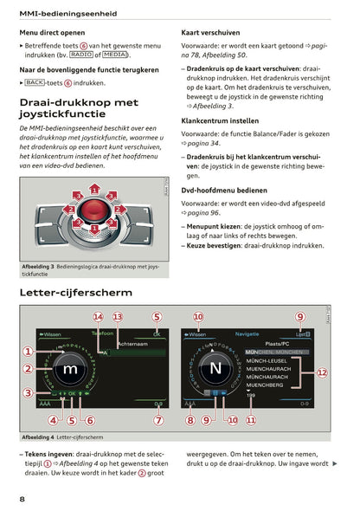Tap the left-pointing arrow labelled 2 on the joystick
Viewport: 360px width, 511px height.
point(71,210)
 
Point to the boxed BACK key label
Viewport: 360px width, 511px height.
point(35,83)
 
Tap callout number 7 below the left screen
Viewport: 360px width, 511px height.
point(157,421)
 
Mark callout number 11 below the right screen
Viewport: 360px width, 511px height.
point(251,421)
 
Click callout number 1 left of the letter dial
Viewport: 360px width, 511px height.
point(28,352)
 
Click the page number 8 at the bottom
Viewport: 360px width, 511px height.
point(22,499)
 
